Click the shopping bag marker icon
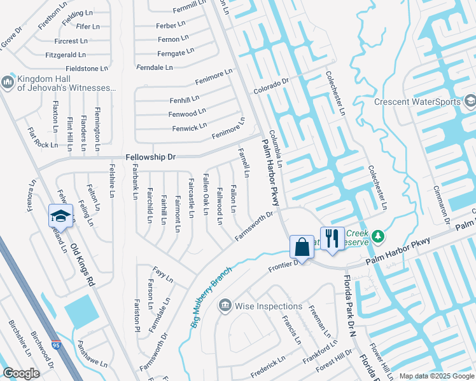tap(302, 247)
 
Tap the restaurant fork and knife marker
tap(332, 239)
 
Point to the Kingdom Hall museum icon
tap(8, 83)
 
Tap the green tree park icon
tap(379, 236)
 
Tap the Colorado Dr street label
tap(271, 85)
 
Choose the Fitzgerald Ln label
tap(66, 55)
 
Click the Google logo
tap(21, 373)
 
